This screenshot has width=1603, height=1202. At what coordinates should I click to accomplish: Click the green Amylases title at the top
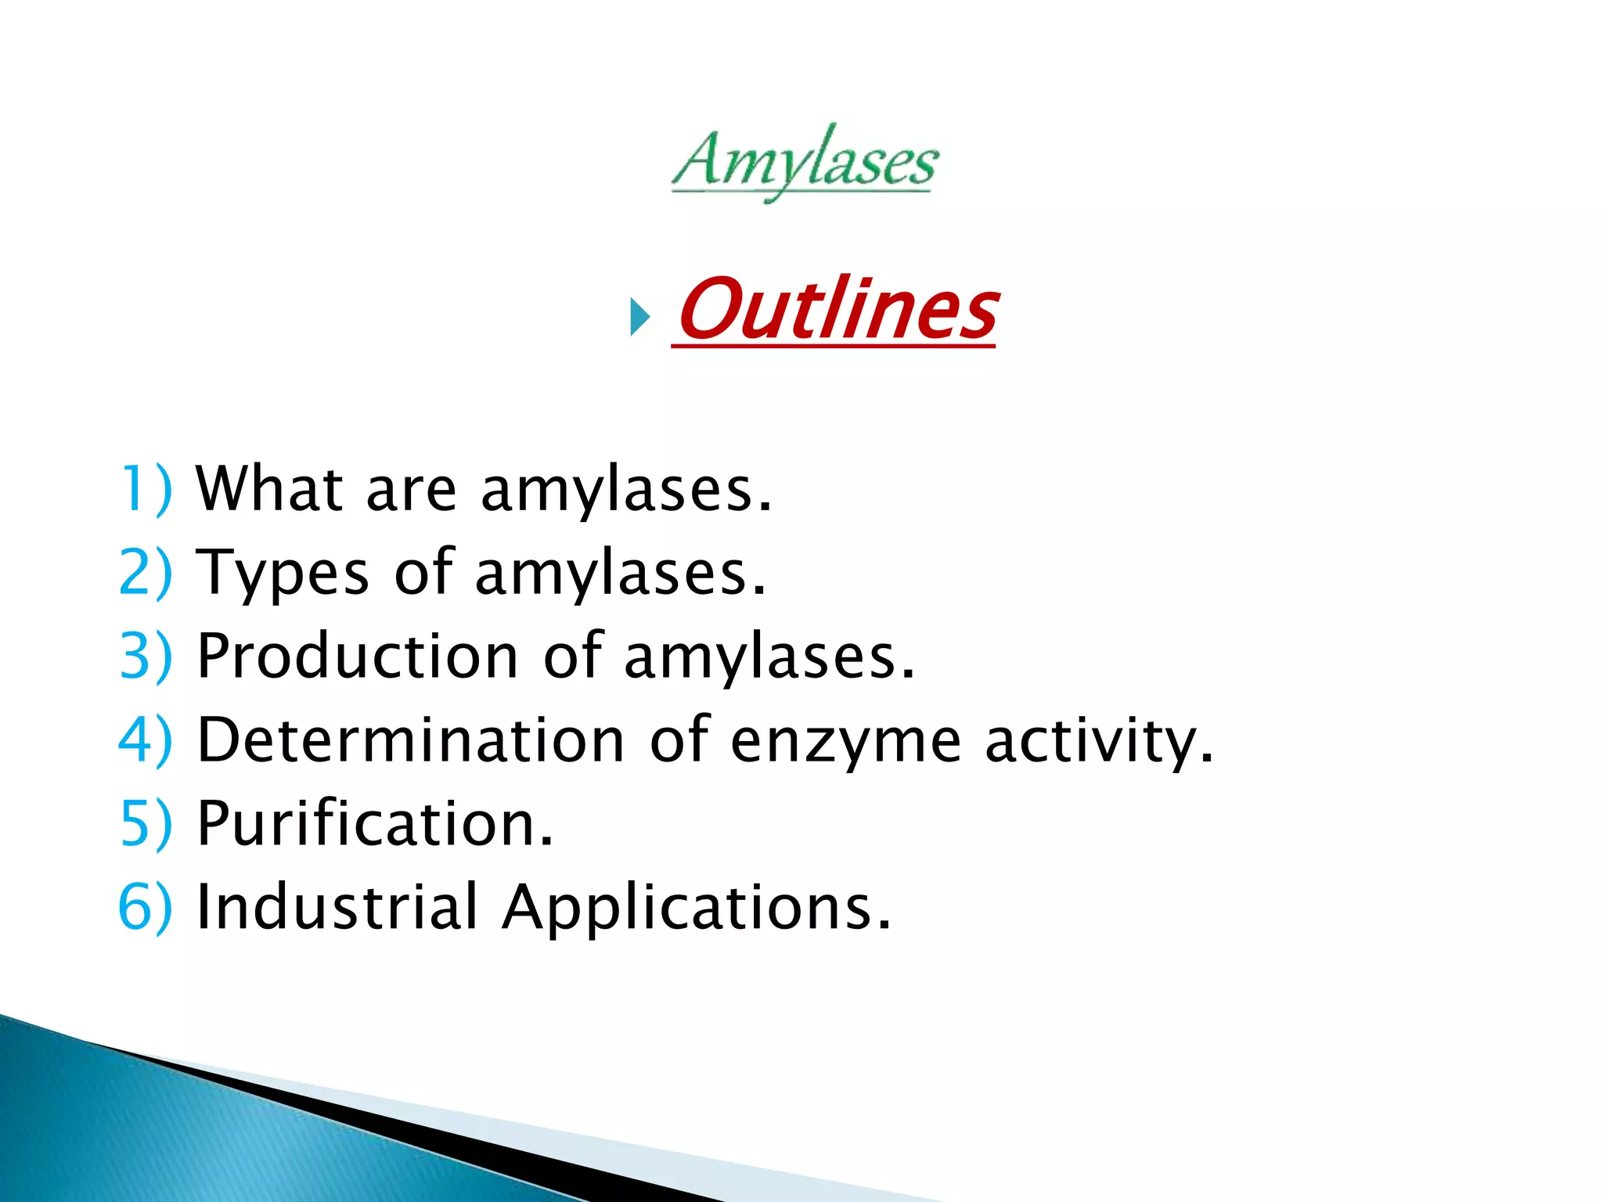click(x=805, y=163)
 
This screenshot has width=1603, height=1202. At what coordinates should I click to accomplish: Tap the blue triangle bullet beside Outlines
click(x=640, y=318)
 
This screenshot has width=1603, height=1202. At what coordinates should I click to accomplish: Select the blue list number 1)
click(x=146, y=489)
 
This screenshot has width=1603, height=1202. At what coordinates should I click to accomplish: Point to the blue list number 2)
click(x=146, y=573)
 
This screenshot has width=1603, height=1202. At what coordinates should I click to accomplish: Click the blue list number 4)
click(x=146, y=740)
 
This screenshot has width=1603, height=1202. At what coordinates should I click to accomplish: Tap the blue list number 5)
click(x=146, y=823)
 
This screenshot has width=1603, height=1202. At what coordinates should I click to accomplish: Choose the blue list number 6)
click(x=146, y=907)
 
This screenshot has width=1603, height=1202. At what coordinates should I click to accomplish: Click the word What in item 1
click(x=269, y=488)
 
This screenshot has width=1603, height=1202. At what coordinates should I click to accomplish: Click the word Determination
click(x=410, y=740)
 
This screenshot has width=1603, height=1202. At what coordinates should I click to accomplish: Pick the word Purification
click(x=375, y=823)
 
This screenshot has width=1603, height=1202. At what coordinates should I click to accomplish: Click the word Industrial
click(x=337, y=907)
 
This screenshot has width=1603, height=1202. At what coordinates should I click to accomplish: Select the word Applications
click(x=696, y=909)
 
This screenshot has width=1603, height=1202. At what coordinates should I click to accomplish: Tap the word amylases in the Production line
click(x=769, y=657)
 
